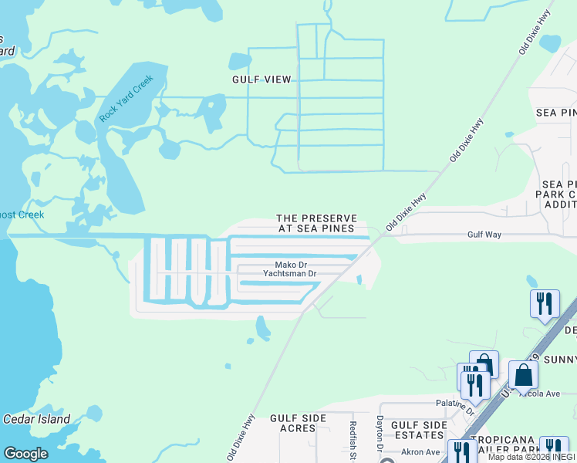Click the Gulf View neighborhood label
point(262,79)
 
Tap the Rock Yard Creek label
point(127,98)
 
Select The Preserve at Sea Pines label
point(316,223)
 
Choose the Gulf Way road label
point(484,234)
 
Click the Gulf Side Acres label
point(298,423)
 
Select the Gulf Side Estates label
point(419,430)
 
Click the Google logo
point(25,454)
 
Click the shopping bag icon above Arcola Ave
point(523,377)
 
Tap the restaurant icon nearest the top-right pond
point(545,303)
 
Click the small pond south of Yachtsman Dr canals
point(262,329)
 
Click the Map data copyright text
point(531,457)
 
